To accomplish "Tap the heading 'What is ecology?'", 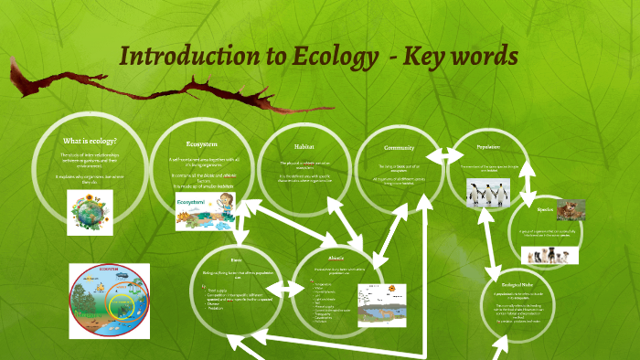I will (90, 142).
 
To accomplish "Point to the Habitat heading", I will (304, 146).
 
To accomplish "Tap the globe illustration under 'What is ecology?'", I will (91, 209).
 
